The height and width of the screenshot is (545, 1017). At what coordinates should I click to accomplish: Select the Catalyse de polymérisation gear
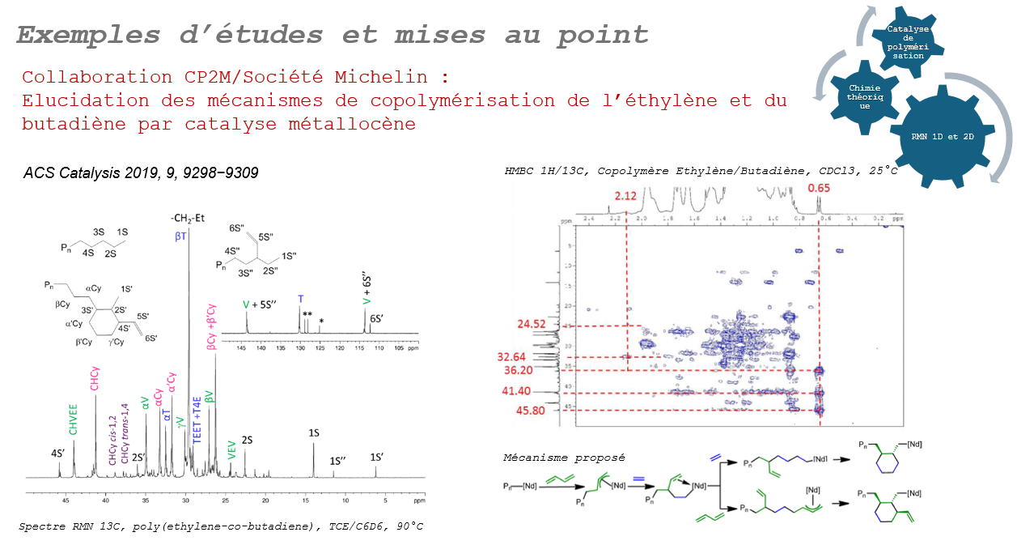[908, 42]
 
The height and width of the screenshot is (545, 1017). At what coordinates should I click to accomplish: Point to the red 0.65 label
[820, 189]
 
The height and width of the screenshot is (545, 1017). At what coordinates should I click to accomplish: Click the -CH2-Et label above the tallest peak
[189, 217]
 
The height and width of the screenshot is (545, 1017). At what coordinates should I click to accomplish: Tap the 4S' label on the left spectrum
[58, 453]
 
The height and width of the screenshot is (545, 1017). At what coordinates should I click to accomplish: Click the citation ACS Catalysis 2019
[141, 172]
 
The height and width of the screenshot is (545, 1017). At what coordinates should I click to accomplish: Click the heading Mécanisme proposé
[564, 458]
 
